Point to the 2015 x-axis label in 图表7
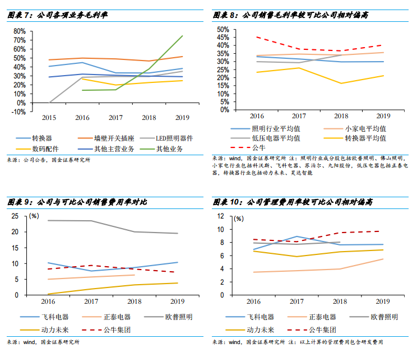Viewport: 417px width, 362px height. click(49, 117)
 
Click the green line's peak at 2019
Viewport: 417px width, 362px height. click(183, 36)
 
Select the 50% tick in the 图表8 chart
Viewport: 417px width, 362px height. click(223, 29)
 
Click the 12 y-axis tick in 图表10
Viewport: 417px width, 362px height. click(220, 216)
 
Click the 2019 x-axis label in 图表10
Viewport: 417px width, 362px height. click(383, 301)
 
